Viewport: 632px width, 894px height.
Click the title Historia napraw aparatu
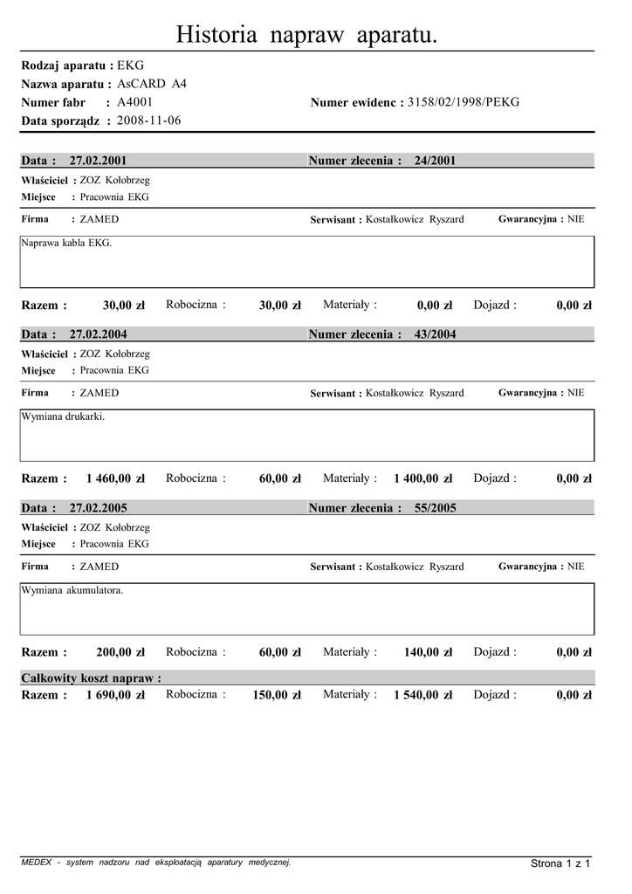(306, 35)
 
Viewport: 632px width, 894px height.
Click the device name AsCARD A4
(152, 84)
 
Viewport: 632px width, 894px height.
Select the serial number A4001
(135, 102)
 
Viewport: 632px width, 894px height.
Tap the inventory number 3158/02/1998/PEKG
(464, 102)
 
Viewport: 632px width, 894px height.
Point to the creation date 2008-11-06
(149, 120)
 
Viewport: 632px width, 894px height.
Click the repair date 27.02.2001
(98, 161)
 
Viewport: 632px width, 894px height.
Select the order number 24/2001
(435, 161)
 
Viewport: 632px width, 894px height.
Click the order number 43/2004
(435, 334)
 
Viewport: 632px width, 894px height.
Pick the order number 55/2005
(435, 508)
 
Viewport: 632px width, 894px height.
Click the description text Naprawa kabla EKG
(67, 243)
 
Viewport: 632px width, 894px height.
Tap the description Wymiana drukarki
(64, 416)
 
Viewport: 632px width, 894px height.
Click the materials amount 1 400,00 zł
(422, 478)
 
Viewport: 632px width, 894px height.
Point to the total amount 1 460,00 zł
(115, 478)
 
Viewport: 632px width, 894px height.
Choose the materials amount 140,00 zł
(428, 652)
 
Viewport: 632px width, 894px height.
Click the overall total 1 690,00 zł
(115, 695)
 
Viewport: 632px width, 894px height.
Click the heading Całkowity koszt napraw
(91, 678)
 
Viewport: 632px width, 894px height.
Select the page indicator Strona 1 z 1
(560, 863)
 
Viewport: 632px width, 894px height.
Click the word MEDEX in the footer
(35, 863)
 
